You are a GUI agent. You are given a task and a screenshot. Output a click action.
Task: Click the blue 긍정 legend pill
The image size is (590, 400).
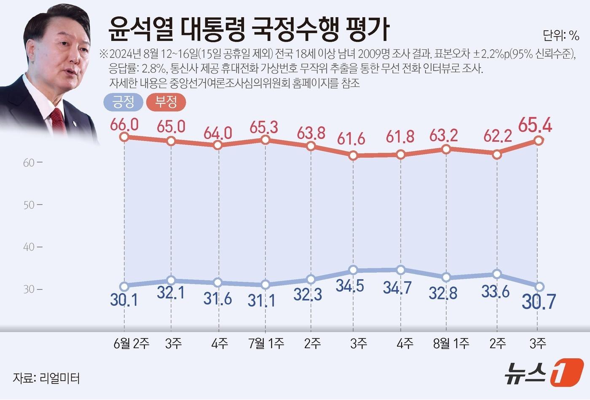[x=123, y=102]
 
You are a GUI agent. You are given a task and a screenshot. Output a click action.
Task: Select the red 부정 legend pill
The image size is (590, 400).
[x=166, y=102]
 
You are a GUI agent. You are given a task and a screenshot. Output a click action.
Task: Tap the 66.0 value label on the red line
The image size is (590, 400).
[x=124, y=125]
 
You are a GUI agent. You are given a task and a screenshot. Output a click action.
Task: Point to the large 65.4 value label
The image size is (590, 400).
[x=535, y=125]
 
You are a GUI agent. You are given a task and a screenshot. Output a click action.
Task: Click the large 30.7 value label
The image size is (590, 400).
[x=539, y=302]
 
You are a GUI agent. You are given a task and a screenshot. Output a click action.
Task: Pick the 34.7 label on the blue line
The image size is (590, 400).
[x=397, y=288]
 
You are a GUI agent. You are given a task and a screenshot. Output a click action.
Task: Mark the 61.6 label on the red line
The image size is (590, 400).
[x=351, y=138]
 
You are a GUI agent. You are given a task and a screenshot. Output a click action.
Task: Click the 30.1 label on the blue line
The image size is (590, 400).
[x=124, y=300]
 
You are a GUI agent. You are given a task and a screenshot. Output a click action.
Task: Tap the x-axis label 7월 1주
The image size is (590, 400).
[x=266, y=344]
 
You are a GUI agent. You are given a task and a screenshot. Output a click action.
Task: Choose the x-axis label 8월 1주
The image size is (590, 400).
[x=451, y=344]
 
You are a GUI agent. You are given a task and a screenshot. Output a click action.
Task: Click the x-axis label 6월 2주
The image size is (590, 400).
[x=131, y=344]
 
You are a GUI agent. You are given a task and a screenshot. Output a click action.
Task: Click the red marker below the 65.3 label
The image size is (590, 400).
[x=265, y=140]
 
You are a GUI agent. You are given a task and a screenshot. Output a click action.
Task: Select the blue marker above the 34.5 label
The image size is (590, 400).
[x=353, y=270]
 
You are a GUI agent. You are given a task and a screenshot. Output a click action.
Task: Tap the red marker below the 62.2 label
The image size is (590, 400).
[x=497, y=155]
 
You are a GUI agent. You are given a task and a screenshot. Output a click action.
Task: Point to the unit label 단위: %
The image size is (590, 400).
[x=561, y=36]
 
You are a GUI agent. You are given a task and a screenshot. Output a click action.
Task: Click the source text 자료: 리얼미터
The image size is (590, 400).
[x=46, y=378]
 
